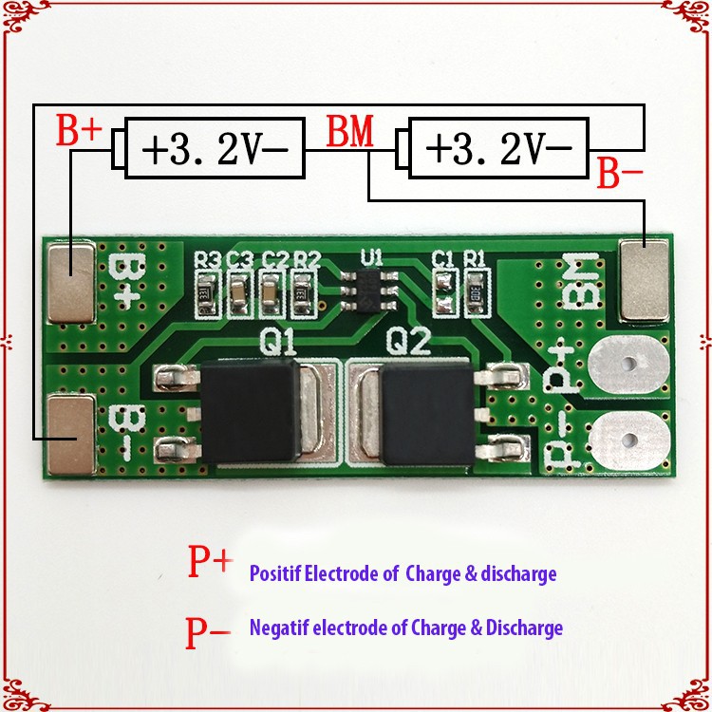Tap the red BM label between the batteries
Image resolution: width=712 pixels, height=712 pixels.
349,134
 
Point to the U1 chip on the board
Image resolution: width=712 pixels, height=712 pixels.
368,288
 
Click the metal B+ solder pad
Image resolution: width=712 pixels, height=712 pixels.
72,281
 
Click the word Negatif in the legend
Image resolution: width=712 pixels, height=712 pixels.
276,628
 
